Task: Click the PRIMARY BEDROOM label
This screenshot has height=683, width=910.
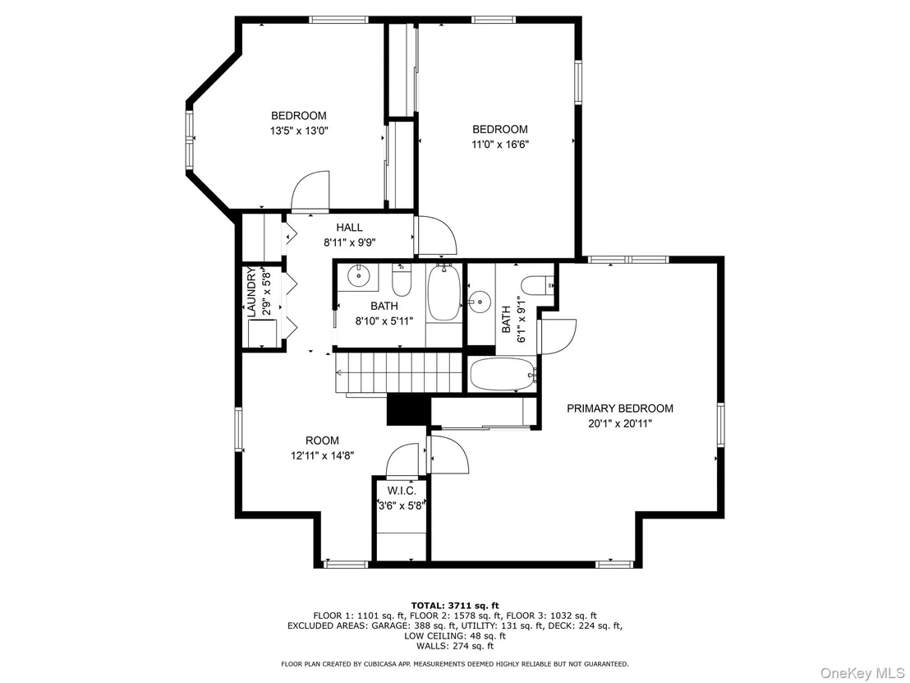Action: coord(620,408)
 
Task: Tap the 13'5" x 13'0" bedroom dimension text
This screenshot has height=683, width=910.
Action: coord(299,131)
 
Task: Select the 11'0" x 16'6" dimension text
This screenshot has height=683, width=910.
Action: coord(499,144)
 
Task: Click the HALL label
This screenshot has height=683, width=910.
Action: coord(349,228)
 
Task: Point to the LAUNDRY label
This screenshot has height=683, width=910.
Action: coord(251,292)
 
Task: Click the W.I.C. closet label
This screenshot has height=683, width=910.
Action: coord(402,491)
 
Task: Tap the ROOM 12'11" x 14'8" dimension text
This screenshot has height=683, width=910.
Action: coord(322,456)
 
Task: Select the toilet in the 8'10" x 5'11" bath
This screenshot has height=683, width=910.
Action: coord(402,280)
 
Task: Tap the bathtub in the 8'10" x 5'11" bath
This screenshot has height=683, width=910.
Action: coord(444,292)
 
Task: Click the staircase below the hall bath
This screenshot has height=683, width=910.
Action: coord(400,372)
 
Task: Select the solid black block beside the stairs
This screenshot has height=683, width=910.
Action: coord(408,410)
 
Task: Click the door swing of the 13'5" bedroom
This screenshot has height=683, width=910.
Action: coord(310,191)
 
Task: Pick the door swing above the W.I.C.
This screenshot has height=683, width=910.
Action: coord(402,460)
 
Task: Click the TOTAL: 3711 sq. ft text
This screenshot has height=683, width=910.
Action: coord(454,605)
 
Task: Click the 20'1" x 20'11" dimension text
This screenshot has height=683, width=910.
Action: coord(620,424)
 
